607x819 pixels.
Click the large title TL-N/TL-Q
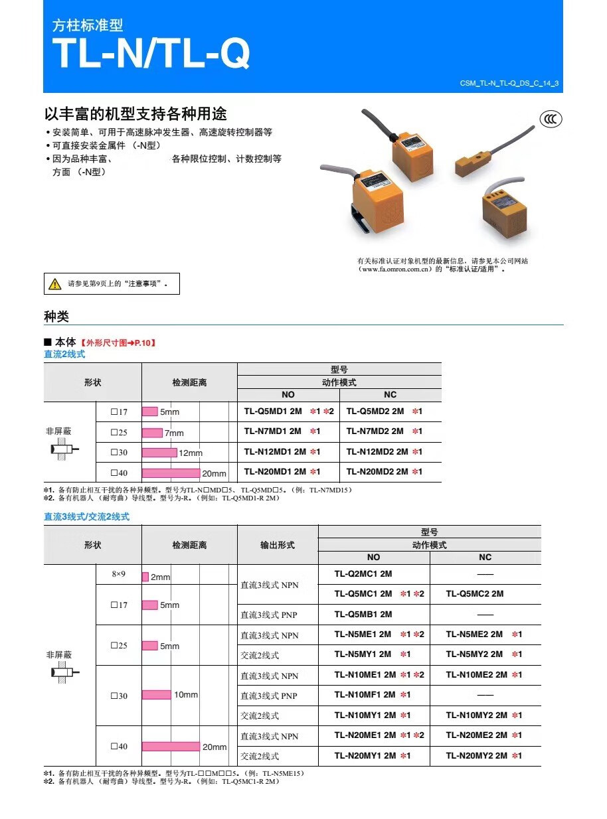(151, 52)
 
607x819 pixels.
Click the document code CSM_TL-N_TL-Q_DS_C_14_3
(509, 83)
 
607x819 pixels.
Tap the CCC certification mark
(551, 119)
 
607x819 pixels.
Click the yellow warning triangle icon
(54, 284)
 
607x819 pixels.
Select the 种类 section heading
(56, 317)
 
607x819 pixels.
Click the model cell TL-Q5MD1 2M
(273, 411)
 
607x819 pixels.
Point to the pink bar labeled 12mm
(159, 453)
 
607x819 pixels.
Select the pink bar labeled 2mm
(145, 577)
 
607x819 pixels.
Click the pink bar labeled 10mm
(156, 695)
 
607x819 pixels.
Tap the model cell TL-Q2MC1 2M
(363, 573)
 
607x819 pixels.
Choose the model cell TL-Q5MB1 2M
(363, 615)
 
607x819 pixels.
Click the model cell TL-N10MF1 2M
(365, 695)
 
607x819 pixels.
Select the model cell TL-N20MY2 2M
(476, 756)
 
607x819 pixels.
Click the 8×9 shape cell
(118, 573)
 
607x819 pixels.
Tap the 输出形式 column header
(278, 545)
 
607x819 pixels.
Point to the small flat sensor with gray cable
(474, 161)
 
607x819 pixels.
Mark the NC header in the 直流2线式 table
(390, 394)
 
